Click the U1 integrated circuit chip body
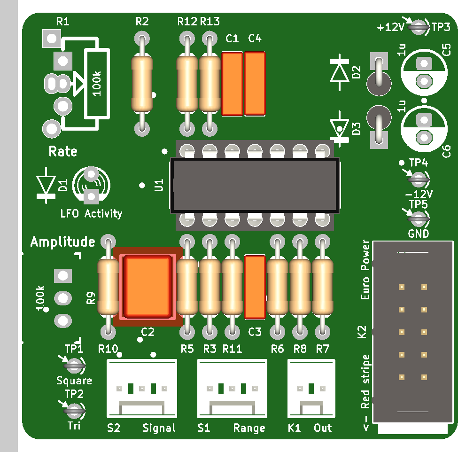pos(255,185)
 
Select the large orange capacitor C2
pos(147,286)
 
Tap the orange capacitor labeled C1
pos(232,84)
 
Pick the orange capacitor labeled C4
pos(255,84)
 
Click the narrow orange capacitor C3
pos(255,287)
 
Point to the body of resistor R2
pos(142,84)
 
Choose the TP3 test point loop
pos(419,27)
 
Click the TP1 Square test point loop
pos(74,365)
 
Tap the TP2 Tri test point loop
pos(74,411)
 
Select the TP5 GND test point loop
pos(419,218)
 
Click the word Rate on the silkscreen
pos(63,151)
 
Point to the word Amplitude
pos(63,242)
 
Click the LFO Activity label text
pos(91,214)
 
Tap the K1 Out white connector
pos(311,389)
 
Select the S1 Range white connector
pos(232,389)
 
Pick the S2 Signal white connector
pos(142,389)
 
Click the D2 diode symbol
pos(340,72)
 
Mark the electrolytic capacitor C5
pos(424,72)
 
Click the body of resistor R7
pos(322,287)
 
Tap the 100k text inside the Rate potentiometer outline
pos(97,84)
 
